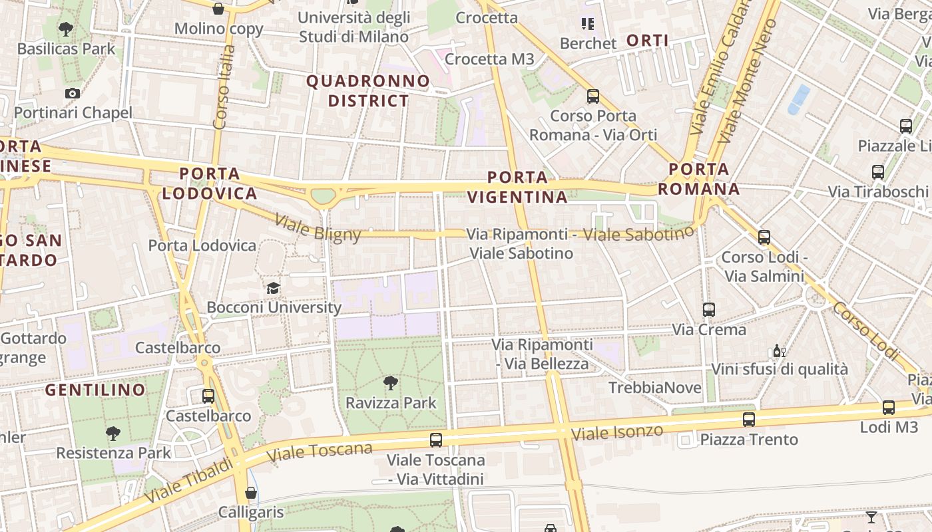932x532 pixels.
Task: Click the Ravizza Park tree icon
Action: coord(391,382)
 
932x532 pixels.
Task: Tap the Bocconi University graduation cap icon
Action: coord(273,288)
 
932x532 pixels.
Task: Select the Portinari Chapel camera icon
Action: coord(73,94)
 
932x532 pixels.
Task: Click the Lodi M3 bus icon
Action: coord(888,408)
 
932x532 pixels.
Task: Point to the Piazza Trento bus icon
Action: coord(749,420)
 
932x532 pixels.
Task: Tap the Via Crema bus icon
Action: coord(709,309)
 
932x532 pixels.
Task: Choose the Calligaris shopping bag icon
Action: coord(251,493)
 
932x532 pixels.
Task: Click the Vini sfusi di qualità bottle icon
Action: coord(779,350)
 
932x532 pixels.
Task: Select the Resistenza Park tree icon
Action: coord(113,434)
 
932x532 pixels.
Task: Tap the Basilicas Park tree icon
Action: coord(66,29)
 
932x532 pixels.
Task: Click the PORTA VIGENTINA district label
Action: coord(517,187)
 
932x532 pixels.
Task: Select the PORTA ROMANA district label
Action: coord(699,179)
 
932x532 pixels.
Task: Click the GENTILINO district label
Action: coord(95,390)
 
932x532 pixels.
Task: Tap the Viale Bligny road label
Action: coord(318,228)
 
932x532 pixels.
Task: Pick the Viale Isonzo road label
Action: coord(617,432)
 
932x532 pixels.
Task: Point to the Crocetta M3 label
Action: coord(489,59)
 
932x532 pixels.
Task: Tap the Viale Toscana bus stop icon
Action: coord(436,440)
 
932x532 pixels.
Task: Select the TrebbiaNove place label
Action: coord(655,388)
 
